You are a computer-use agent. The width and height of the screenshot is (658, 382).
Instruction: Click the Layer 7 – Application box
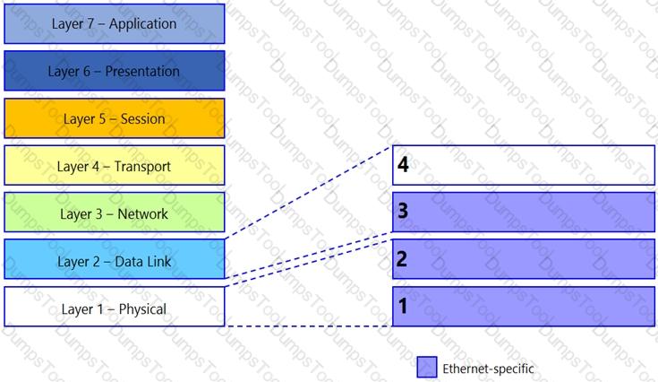pos(115,24)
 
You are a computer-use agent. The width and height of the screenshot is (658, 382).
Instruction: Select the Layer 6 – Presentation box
pos(115,71)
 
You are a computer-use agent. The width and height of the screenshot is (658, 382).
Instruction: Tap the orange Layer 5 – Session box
pos(115,118)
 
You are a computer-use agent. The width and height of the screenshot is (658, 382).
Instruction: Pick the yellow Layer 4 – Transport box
pos(115,166)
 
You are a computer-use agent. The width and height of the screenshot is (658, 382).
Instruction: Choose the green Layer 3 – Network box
pos(115,213)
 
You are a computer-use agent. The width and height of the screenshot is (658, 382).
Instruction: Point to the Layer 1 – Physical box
pos(115,307)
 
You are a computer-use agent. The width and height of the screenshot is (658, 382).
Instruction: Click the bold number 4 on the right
pos(403,164)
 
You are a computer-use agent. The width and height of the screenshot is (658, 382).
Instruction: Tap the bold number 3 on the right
pos(403,211)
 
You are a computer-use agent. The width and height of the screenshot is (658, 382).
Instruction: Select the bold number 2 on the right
pos(402,259)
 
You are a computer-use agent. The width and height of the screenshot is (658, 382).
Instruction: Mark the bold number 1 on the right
pos(403,306)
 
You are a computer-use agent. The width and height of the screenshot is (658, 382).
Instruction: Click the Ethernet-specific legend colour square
pos(427,367)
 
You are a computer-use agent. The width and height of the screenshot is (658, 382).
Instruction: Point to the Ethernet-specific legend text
pos(488,369)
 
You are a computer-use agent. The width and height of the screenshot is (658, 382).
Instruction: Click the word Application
pos(142,24)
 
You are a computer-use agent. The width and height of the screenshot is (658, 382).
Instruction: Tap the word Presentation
pos(142,72)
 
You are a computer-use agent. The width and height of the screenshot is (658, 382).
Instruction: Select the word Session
pos(142,119)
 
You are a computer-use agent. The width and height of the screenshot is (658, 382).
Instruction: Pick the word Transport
pos(142,167)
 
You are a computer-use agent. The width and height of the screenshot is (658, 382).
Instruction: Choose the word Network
pos(142,214)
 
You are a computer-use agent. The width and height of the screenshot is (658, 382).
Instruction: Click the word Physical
pos(142,309)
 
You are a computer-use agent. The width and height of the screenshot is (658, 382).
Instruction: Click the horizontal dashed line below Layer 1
pos(309,326)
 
